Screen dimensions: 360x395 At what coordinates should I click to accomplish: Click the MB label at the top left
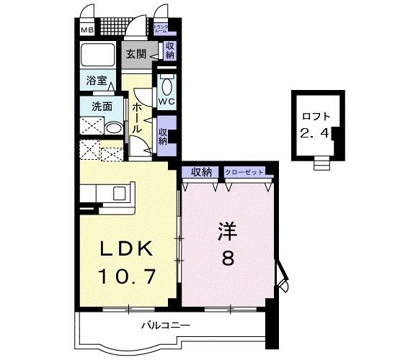point(86,30)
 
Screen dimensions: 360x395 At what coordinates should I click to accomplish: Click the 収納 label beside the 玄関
point(170,50)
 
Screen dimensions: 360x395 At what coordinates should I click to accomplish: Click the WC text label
point(167,102)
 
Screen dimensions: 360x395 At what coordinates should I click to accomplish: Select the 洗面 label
point(100,106)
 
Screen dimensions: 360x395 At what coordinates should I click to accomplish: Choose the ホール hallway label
point(137,115)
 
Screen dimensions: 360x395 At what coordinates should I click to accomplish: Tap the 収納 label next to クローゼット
point(201,171)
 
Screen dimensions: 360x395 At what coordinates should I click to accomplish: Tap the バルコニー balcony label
point(170,325)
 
